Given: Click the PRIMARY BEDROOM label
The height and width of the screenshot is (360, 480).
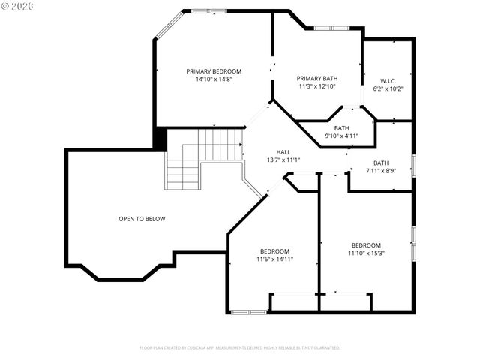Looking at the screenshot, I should click(x=214, y=71).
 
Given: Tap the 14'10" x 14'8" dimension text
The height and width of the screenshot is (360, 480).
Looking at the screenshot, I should click(x=214, y=79).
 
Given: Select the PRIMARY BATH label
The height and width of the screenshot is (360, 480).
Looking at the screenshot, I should click(x=316, y=78).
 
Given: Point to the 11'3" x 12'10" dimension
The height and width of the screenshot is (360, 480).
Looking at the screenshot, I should click(x=316, y=86).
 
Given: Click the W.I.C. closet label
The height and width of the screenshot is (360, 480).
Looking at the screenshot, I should click(x=388, y=81).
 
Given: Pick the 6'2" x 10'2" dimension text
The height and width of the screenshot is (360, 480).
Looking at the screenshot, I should click(x=388, y=88).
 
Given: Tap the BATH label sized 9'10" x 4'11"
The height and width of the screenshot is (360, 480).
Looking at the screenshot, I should click(x=341, y=128).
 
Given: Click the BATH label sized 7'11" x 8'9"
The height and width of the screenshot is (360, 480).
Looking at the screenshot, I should click(x=381, y=163).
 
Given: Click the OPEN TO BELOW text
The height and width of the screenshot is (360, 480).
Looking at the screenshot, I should click(x=142, y=219).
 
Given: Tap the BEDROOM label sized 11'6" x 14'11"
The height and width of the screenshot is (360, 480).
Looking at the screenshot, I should click(x=274, y=251).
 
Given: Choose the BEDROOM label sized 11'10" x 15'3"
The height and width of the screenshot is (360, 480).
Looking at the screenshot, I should click(x=366, y=245).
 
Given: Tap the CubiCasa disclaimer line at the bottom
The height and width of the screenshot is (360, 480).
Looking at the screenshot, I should click(x=240, y=347).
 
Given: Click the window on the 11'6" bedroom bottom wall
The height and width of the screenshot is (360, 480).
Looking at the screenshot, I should click(x=248, y=311).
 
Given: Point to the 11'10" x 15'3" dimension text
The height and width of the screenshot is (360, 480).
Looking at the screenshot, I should click(x=366, y=253).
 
